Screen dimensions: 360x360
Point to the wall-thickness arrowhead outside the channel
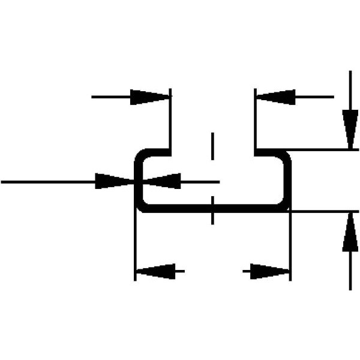114,181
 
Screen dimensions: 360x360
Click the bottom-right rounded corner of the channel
284,205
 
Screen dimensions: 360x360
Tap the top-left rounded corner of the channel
142,155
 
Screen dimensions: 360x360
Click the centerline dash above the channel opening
212,146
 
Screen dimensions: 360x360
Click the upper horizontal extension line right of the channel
324,150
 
